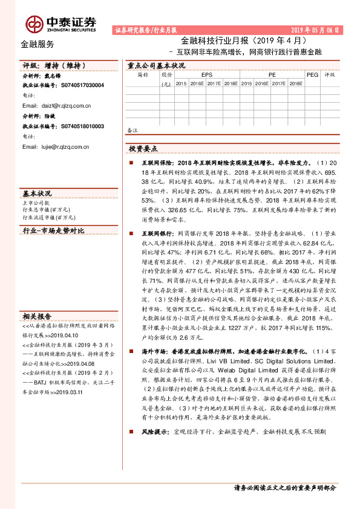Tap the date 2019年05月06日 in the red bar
(315, 30)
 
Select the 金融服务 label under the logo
(37, 44)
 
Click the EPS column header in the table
(206, 74)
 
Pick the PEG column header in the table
(312, 74)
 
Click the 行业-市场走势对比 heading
(53, 231)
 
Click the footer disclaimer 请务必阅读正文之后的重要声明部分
(284, 487)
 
